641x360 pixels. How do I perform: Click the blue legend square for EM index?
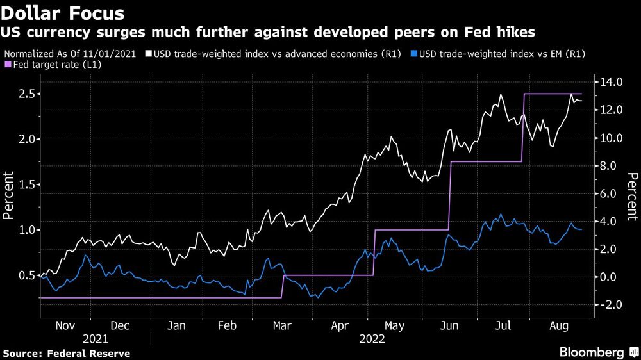(413, 54)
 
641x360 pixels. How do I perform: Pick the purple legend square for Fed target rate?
(7, 65)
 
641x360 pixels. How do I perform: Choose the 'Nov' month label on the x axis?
(65, 326)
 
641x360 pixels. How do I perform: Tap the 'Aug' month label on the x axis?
(560, 326)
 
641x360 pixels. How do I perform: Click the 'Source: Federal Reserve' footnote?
(67, 353)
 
